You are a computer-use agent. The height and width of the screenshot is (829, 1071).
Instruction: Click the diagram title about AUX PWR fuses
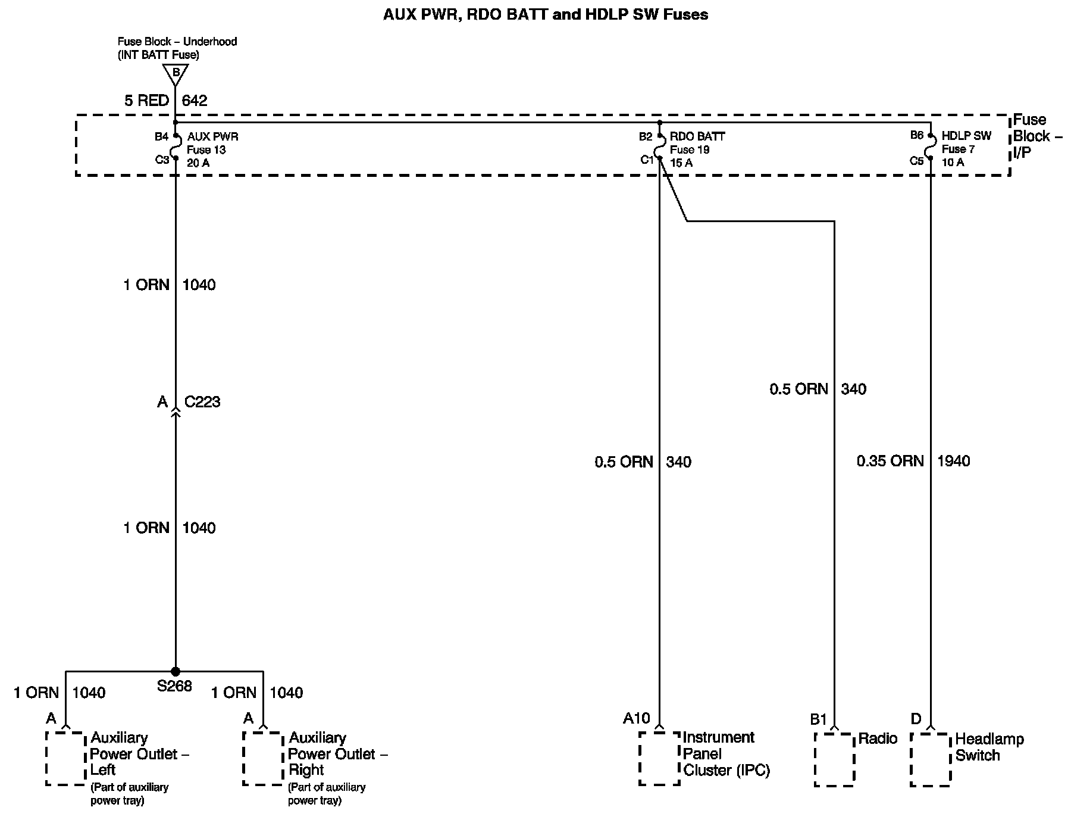click(545, 14)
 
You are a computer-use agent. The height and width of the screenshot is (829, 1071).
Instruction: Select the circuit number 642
click(195, 101)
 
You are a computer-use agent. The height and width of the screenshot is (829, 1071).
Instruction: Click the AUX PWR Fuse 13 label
click(212, 149)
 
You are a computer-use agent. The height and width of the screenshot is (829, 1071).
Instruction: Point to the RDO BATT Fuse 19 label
click(697, 149)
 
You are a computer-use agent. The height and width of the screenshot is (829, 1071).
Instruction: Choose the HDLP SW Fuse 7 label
click(966, 149)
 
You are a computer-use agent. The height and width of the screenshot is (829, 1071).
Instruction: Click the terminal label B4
click(162, 137)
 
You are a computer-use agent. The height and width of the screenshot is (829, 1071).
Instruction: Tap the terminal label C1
click(647, 160)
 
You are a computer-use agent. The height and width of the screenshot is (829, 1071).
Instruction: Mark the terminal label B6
click(917, 135)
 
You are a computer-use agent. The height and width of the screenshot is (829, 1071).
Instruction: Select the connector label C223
click(202, 402)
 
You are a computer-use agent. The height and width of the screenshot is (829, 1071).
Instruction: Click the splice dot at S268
click(175, 671)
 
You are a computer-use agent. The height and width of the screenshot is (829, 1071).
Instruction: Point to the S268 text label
click(174, 686)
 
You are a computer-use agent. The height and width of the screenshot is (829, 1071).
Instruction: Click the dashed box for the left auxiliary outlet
click(66, 758)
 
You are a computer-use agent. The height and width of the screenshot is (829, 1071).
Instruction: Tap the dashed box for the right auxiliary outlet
click(263, 758)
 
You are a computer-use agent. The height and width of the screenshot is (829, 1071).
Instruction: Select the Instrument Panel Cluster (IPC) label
click(726, 754)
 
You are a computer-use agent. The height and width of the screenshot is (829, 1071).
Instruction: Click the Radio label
click(877, 739)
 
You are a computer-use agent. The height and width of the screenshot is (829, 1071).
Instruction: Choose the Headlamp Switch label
click(989, 747)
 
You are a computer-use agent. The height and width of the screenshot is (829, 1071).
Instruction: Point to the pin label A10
click(636, 719)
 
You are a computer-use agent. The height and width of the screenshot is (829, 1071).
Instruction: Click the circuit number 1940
click(953, 461)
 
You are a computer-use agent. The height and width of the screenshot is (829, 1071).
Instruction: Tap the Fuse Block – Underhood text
click(177, 42)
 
